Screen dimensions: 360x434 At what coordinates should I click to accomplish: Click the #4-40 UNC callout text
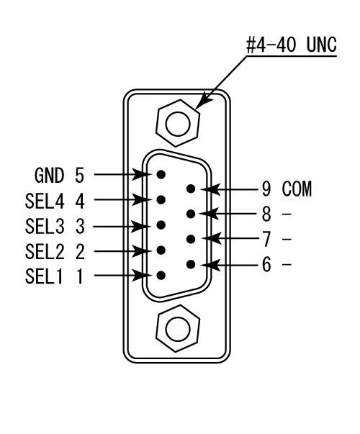pos(292,45)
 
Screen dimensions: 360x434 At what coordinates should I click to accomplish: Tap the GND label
pos(49,175)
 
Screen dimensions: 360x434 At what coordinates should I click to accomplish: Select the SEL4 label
pos(45,201)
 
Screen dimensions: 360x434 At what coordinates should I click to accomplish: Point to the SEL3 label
pos(45,226)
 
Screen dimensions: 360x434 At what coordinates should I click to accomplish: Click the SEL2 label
pos(45,251)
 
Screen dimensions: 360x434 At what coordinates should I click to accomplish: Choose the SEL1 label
pos(44,276)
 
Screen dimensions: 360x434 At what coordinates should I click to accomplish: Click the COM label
pos(297,189)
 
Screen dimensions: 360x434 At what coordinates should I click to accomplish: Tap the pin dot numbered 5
pos(161,174)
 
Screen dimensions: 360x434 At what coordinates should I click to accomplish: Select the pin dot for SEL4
pos(161,199)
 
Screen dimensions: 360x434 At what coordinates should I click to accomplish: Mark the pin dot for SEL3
pos(161,225)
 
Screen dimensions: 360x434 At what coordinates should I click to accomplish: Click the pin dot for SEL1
pos(161,276)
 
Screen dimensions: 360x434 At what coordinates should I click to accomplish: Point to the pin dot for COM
pos(191,189)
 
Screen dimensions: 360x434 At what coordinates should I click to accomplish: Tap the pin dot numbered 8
pos(191,214)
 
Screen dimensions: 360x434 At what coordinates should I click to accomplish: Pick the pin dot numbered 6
pos(191,264)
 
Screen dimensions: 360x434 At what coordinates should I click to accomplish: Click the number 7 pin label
pos(266,240)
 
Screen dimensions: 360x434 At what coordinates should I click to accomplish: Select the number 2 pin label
pos(80,251)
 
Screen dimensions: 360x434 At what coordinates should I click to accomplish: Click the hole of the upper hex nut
pos(178,124)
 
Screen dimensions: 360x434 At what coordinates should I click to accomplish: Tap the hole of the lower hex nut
pos(178,329)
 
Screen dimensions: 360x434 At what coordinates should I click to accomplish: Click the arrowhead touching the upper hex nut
pos(203,101)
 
